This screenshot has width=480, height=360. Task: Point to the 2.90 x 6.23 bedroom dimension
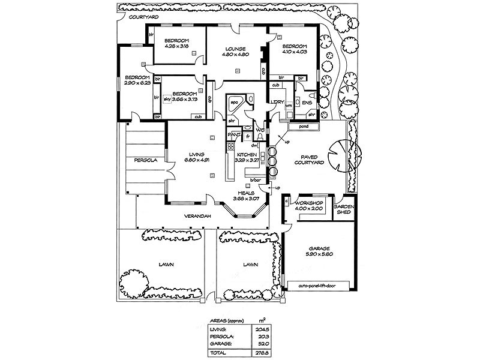[x=137, y=83]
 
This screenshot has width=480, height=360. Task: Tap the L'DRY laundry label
[x=277, y=103]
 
